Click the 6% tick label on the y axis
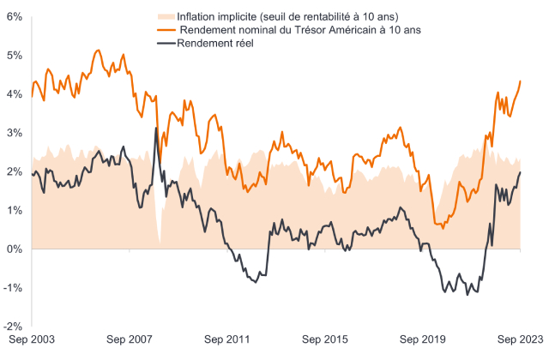coord(13,16)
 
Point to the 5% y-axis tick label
coord(13,55)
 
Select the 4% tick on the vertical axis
coord(13,93)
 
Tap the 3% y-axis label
coord(13,133)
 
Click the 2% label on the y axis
coord(13,171)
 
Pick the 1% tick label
coord(13,210)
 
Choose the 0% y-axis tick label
coord(13,249)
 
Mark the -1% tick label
coord(11,288)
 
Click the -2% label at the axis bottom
coord(11,327)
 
